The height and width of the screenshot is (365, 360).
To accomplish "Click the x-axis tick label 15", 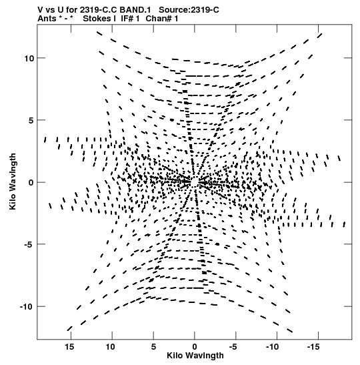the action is [69, 347].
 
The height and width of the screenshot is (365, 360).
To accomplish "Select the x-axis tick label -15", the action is [313, 347].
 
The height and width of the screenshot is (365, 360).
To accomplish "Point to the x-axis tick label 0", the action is [195, 347].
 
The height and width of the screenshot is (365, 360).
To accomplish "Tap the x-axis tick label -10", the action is [272, 347].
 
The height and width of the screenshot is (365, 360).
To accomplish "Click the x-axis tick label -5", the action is [233, 347].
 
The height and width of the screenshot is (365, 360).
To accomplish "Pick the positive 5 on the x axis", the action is [153, 347].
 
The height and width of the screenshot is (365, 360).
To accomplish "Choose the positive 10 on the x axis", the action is [111, 347].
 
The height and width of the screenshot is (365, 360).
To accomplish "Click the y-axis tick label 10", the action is [29, 59].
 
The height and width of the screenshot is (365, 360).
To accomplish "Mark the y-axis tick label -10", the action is [27, 306].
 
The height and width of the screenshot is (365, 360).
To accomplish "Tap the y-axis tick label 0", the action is [31, 183].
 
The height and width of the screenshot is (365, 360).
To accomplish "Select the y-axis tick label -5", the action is [29, 244].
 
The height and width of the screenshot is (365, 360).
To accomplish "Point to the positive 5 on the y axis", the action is [31, 121].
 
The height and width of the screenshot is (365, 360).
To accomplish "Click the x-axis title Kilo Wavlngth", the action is [195, 356].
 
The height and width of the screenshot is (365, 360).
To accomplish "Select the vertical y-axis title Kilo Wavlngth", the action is [13, 181].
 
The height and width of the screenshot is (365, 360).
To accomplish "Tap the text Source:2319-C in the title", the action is [189, 10].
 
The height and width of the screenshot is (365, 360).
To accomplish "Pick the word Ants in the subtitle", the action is [47, 19].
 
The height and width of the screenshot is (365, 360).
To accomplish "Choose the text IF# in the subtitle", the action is [127, 19].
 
